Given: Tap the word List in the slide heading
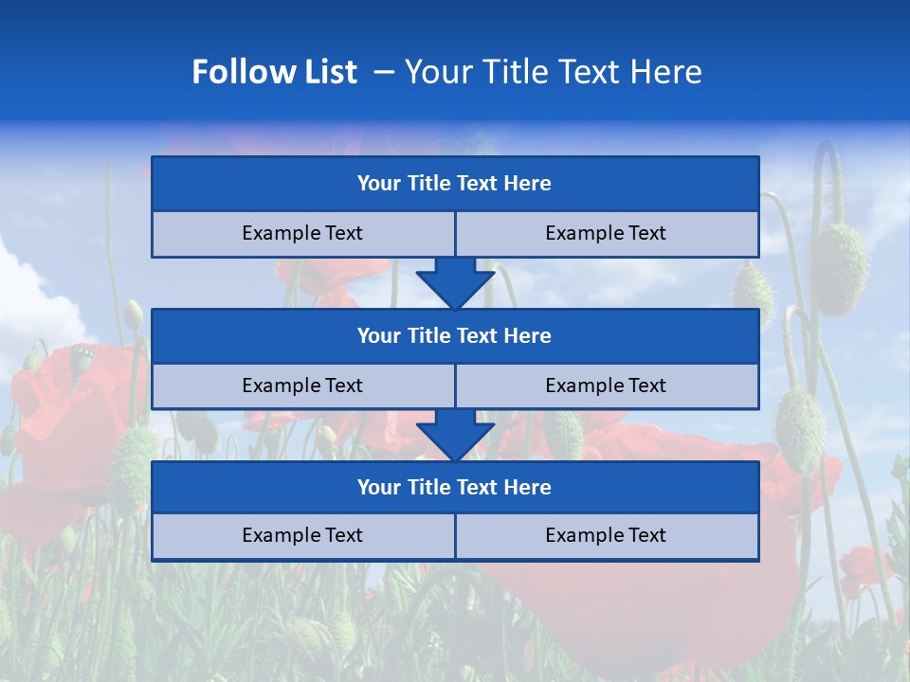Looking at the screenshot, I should click(x=327, y=72).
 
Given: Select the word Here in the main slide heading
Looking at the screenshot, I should click(x=665, y=72).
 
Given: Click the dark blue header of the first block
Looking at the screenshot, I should click(x=454, y=184).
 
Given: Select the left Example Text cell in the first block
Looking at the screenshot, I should click(x=302, y=234).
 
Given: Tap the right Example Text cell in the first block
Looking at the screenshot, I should click(x=606, y=234).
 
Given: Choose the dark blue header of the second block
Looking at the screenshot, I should click(x=454, y=336).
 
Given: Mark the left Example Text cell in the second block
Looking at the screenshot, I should click(x=302, y=386).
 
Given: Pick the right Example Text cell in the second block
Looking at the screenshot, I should click(x=606, y=386).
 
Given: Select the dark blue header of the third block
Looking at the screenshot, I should click(x=454, y=488).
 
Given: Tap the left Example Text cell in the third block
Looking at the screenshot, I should click(x=302, y=536).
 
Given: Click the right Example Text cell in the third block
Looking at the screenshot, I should click(x=606, y=536).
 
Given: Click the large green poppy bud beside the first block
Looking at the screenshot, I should click(x=840, y=269).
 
